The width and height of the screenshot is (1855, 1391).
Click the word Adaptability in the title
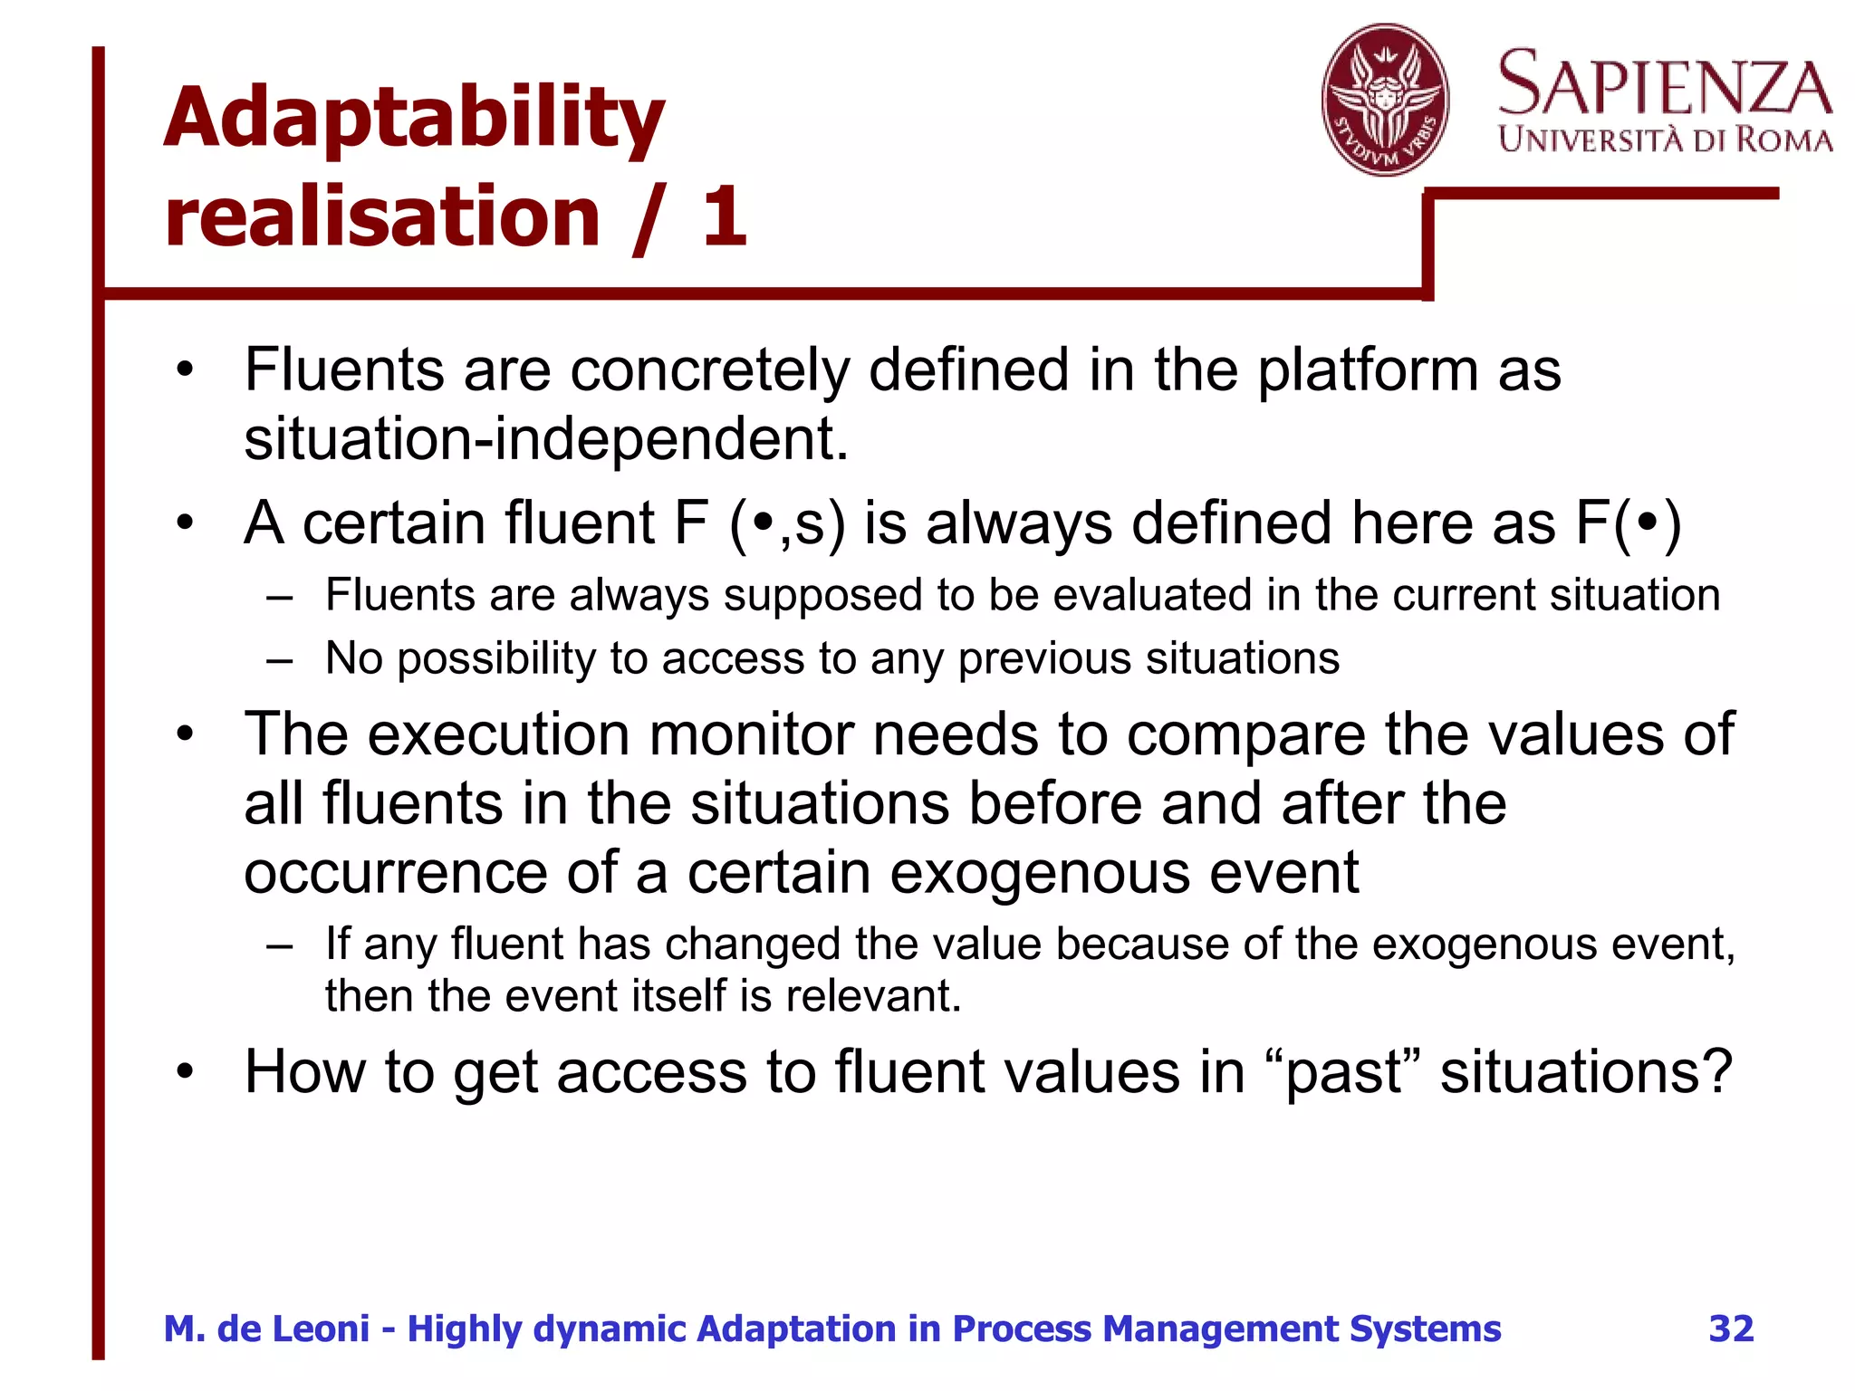[414, 120]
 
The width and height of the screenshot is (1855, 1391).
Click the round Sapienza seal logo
[1384, 100]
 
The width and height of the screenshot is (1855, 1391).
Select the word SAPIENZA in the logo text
[1665, 83]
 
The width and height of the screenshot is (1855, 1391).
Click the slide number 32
[1731, 1329]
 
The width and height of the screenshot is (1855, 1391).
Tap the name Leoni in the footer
[321, 1329]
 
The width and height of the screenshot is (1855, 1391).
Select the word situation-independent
[546, 439]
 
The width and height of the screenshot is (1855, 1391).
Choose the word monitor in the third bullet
[751, 734]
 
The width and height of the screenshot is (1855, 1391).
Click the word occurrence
[395, 873]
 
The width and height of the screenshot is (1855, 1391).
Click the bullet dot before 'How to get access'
[186, 1072]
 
